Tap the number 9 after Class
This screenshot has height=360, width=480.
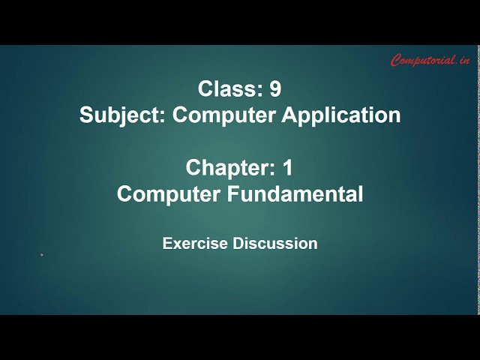click(275, 89)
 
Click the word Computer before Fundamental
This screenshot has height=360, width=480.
click(166, 193)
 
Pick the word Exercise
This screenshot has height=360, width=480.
click(195, 244)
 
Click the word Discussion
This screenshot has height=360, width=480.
click(275, 244)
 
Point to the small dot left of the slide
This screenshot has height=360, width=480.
click(41, 255)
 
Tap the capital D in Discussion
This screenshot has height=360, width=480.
click(238, 244)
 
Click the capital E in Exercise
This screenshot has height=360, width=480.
click(166, 244)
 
